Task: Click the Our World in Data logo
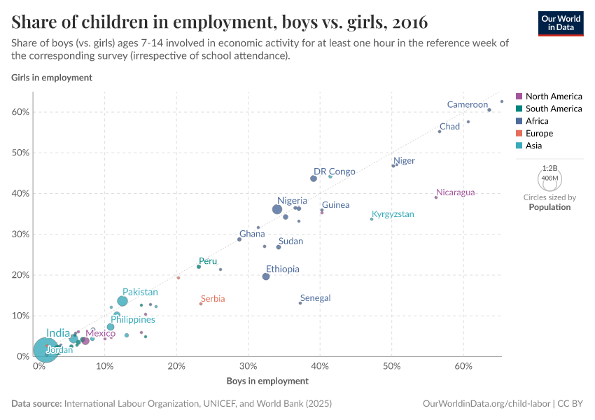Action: tap(560, 23)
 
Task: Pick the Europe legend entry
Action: tap(539, 133)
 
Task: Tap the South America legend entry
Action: tap(553, 108)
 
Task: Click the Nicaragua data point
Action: tap(436, 197)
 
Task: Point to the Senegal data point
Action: tap(300, 303)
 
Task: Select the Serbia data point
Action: tap(201, 304)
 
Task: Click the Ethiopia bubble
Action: tap(266, 276)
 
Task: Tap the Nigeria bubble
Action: tap(277, 209)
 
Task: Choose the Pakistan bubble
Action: tap(122, 301)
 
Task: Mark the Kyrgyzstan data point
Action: tap(372, 219)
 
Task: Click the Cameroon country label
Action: tap(468, 105)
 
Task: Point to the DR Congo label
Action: tap(335, 171)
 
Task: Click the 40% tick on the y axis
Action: tap(20, 194)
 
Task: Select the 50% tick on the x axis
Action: tap(392, 366)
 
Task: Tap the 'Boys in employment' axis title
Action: tap(267, 381)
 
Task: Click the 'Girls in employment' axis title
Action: tap(52, 78)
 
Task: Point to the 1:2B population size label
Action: tap(550, 169)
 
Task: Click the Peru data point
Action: tap(199, 267)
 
